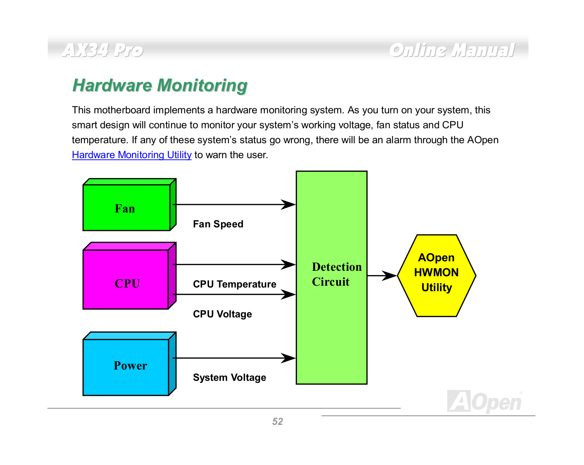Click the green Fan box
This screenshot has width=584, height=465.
pos(129,205)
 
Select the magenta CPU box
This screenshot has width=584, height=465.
pos(129,276)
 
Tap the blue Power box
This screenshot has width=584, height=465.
pos(129,364)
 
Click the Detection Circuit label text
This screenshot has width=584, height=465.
pos(337,274)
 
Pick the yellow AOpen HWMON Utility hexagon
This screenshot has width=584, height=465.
pos(436,276)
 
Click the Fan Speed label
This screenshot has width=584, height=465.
pos(218,224)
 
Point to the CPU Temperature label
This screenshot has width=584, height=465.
pos(235,284)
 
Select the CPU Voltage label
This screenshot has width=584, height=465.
pos(223,314)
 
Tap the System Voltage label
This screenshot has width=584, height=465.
pos(229,378)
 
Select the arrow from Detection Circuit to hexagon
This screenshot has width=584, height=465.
pos(382,276)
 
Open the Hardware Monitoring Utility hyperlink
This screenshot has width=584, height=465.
pos(132,155)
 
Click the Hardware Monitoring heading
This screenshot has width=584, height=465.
pos(160,85)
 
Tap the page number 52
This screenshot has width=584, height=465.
pos(277,421)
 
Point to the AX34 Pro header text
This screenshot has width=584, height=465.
pos(103,50)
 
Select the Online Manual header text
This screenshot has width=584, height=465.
pos(452,50)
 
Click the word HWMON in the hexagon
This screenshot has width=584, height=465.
pos(436,273)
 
